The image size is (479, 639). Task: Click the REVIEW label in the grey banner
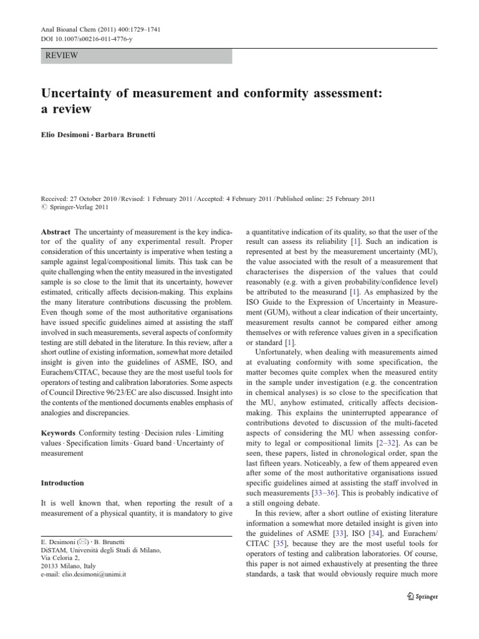coord(61,56)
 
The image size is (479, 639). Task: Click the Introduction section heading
coord(62,483)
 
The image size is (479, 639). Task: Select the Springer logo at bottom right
coord(422,596)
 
